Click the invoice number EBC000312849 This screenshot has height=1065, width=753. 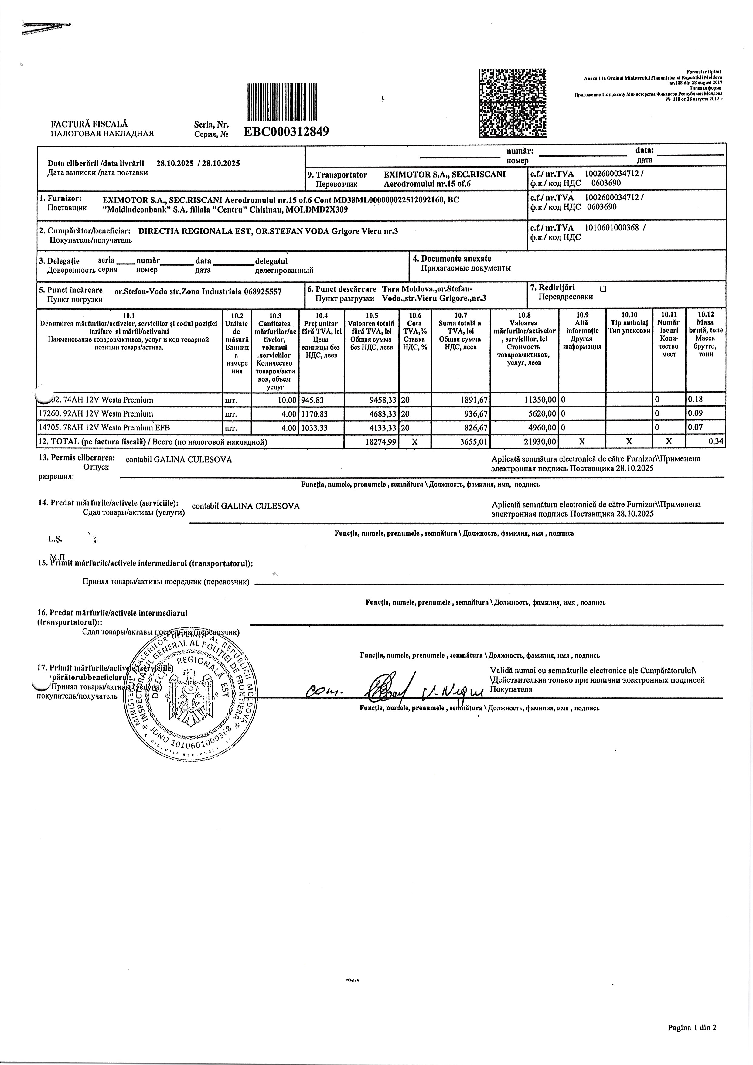286,132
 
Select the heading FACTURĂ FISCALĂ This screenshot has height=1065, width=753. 89,124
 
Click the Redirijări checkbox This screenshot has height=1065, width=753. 603,288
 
